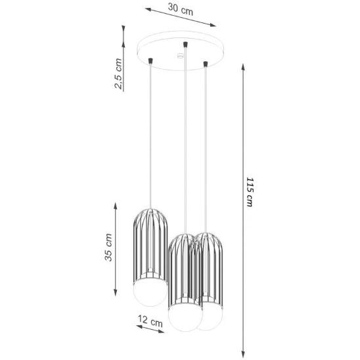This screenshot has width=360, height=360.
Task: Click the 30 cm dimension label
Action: [181, 9]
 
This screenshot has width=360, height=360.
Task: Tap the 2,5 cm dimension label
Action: [118, 74]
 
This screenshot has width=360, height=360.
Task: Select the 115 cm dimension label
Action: [250, 192]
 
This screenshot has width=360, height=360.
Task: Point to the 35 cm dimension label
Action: [108, 247]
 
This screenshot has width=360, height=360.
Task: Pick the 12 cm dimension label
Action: [150, 321]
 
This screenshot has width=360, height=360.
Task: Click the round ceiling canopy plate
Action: [181, 51]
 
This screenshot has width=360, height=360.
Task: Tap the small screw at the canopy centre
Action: [181, 55]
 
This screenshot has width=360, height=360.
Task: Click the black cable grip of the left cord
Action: [151, 61]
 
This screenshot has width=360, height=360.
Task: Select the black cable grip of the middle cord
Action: [185, 44]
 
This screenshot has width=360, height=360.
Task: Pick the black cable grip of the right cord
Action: [206, 64]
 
